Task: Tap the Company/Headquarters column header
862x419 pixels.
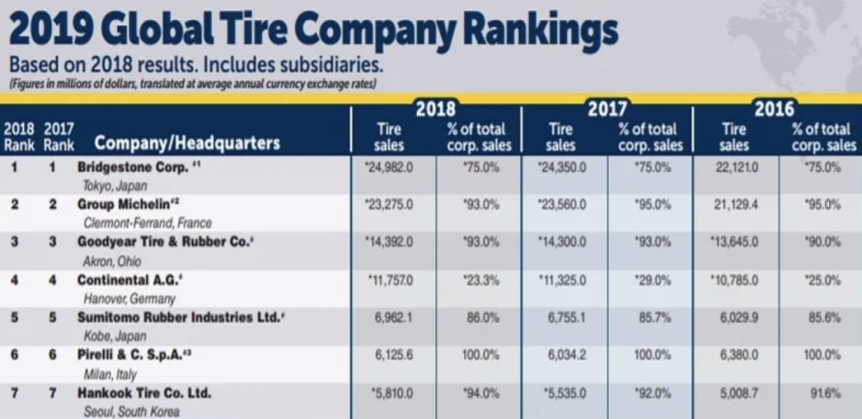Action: tap(187, 143)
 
